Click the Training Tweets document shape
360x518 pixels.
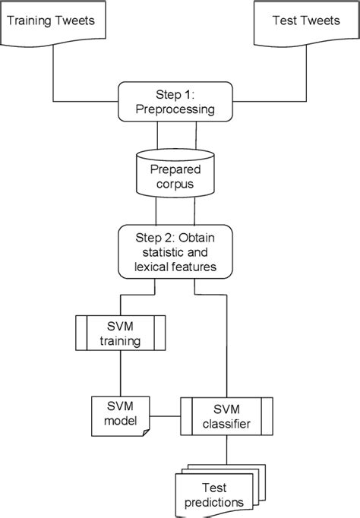(x=53, y=23)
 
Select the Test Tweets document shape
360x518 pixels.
(x=307, y=23)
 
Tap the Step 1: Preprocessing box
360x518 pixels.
(x=175, y=102)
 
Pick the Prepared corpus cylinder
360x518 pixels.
(x=175, y=173)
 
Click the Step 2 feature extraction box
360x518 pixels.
(x=175, y=251)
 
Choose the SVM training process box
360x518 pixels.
(x=121, y=333)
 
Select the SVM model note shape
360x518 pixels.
(x=121, y=416)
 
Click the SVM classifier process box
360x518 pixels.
(x=226, y=416)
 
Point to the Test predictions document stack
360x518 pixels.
(x=220, y=491)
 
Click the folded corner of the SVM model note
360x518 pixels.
(x=146, y=432)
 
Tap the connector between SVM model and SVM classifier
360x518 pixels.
(x=165, y=416)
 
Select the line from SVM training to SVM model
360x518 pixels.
(x=121, y=373)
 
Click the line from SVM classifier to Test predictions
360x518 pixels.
(x=226, y=450)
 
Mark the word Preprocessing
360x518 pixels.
(x=175, y=109)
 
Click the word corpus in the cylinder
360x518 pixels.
(x=175, y=185)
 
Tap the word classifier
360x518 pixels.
(x=226, y=424)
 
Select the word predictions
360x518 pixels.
(x=214, y=503)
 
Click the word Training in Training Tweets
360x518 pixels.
(x=28, y=21)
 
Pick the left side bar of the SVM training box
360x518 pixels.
(x=81, y=333)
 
